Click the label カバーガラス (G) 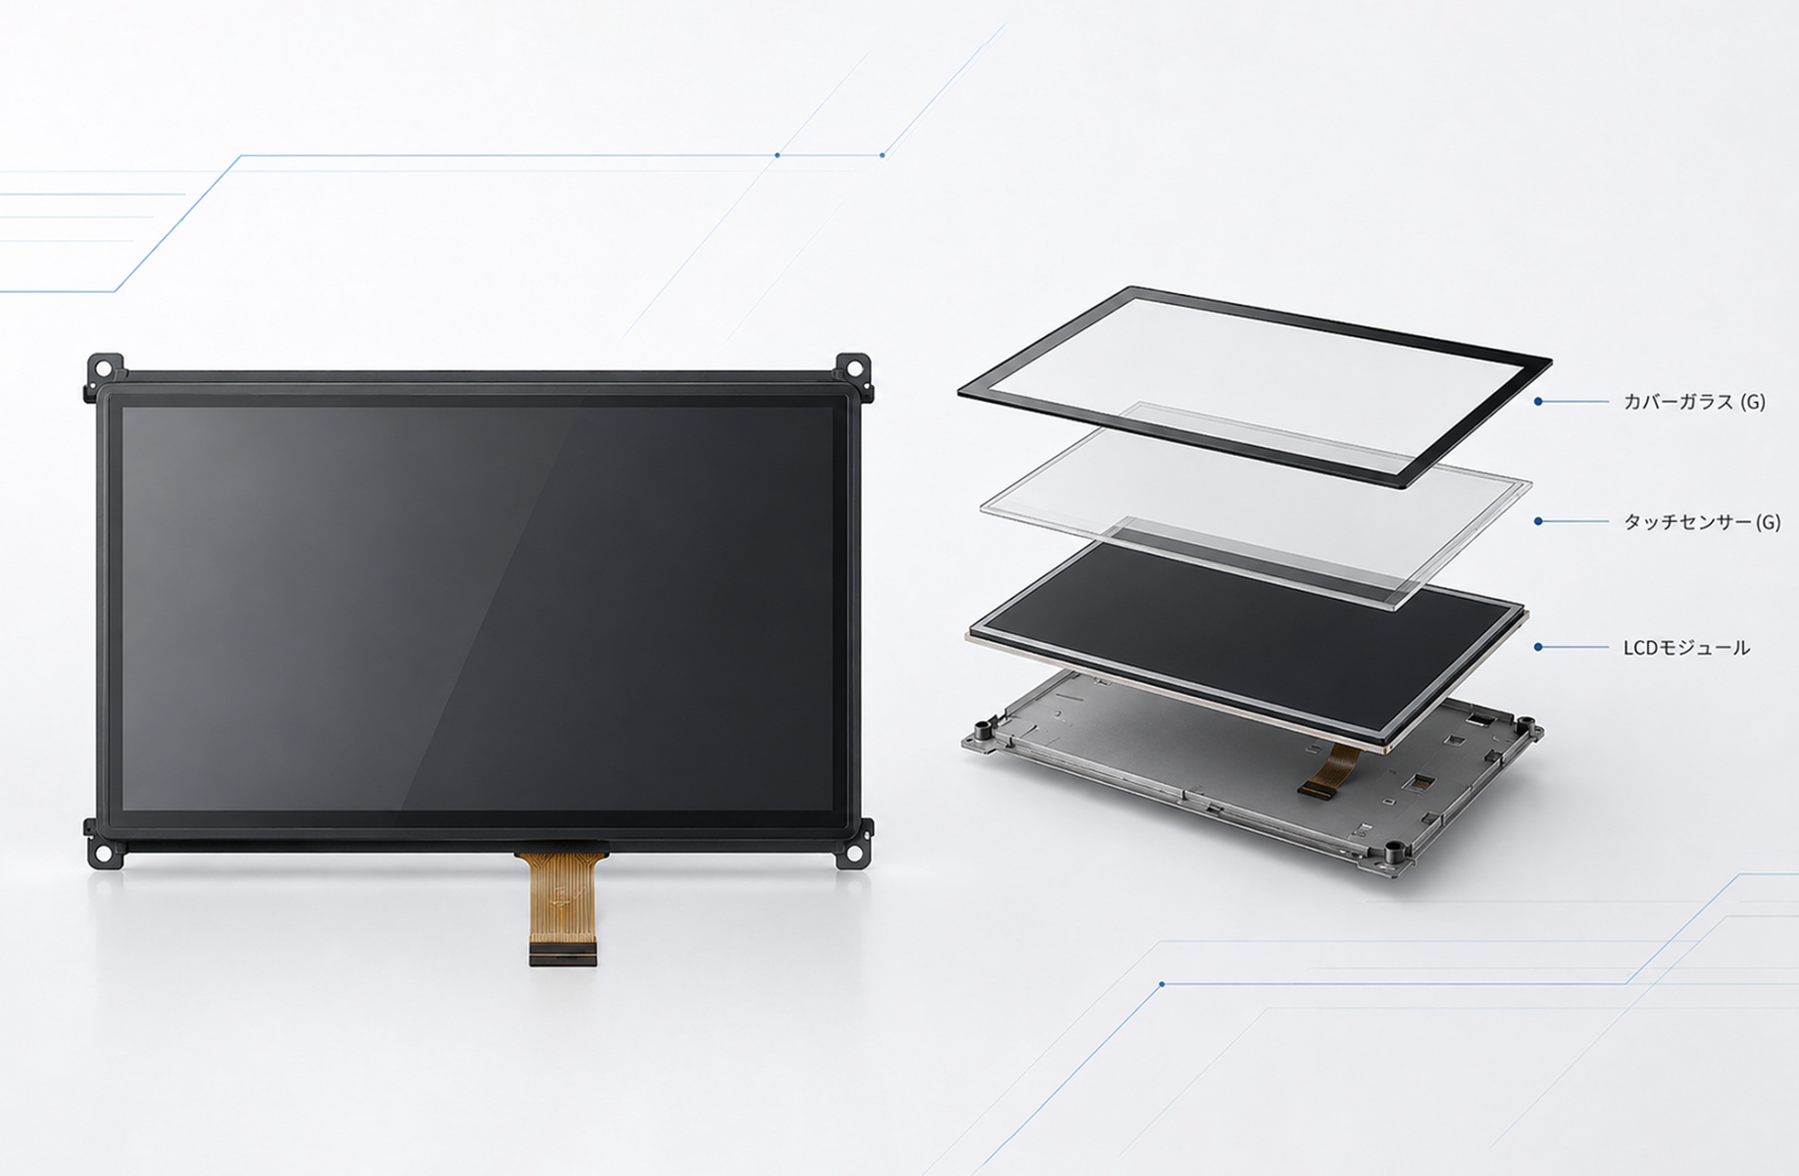1694,402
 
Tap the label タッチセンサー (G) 1702,522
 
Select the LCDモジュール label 1686,648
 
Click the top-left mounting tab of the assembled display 105,369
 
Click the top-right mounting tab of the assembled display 853,369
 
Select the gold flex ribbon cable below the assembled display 562,897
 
